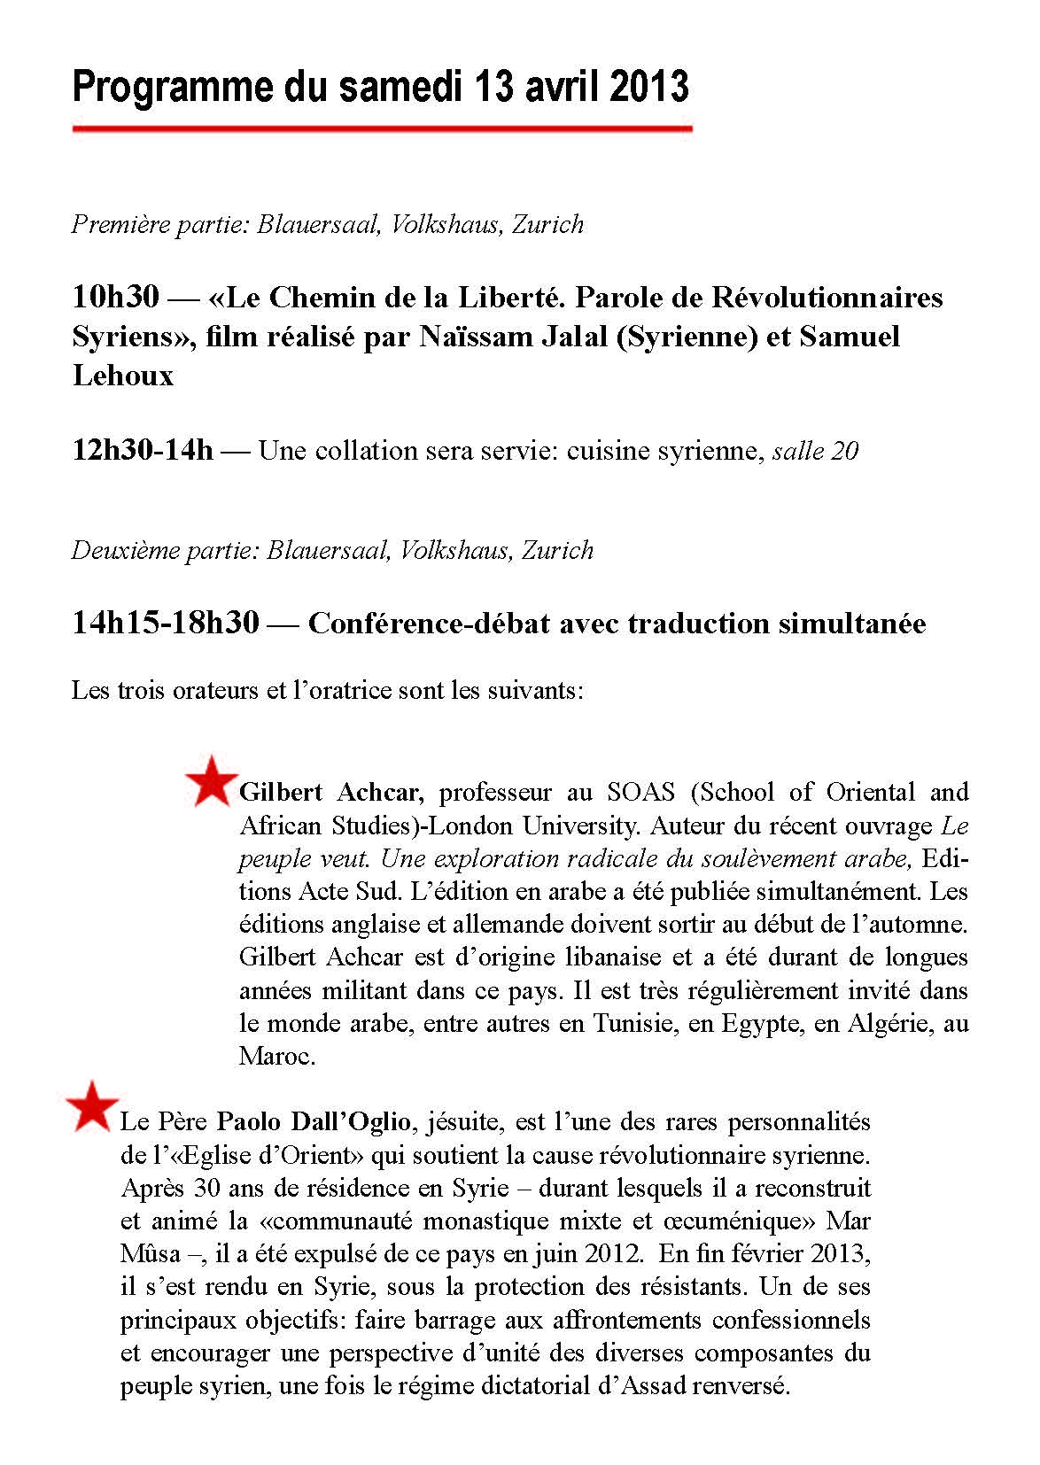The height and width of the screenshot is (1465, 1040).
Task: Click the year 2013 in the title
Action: click(x=649, y=87)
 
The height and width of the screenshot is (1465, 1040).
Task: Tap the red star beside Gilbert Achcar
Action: click(x=211, y=782)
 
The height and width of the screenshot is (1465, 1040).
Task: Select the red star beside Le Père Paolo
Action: click(x=92, y=1106)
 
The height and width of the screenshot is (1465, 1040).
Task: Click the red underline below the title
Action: click(x=382, y=129)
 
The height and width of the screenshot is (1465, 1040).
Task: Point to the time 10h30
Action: click(x=115, y=298)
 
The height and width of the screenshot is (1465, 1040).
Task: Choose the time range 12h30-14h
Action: click(x=143, y=451)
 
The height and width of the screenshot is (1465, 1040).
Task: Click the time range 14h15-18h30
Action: click(x=166, y=624)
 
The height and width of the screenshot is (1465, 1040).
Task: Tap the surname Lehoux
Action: click(x=123, y=376)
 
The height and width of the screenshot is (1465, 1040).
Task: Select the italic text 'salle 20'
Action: click(x=815, y=451)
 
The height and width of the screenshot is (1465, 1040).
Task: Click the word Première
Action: click(x=114, y=224)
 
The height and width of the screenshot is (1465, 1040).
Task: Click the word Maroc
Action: click(x=276, y=1056)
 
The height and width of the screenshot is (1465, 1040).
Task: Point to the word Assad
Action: click(x=648, y=1385)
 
